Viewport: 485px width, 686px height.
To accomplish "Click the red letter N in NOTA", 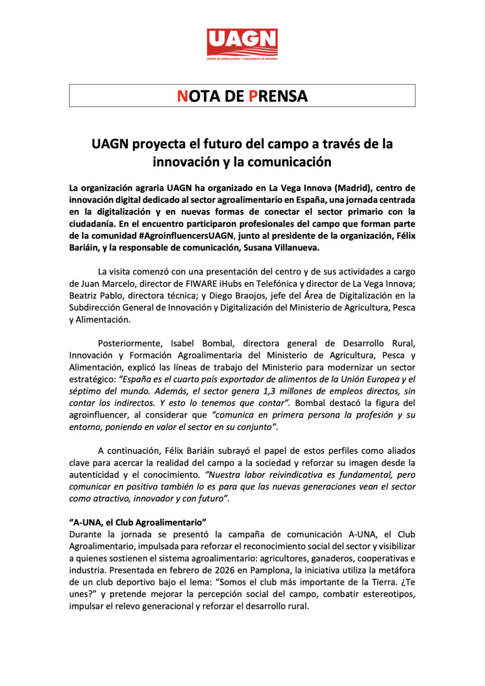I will pos(182,96).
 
